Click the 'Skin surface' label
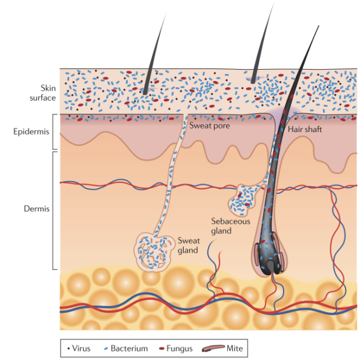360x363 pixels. [x=43, y=93]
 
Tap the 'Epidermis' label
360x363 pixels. [x=32, y=132]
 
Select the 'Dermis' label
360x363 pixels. [x=36, y=208]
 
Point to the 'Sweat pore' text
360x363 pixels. [x=210, y=125]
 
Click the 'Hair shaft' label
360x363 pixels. [x=305, y=129]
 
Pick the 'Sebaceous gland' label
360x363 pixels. [x=230, y=226]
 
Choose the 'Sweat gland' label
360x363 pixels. [x=188, y=245]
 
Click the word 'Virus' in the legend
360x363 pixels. [x=81, y=348]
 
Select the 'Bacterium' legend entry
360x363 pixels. [x=129, y=348]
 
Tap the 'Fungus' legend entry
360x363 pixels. [x=179, y=348]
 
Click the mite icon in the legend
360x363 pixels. [x=213, y=348]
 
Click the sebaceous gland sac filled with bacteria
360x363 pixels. [x=242, y=199]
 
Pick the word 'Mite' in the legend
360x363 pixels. [x=235, y=348]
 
